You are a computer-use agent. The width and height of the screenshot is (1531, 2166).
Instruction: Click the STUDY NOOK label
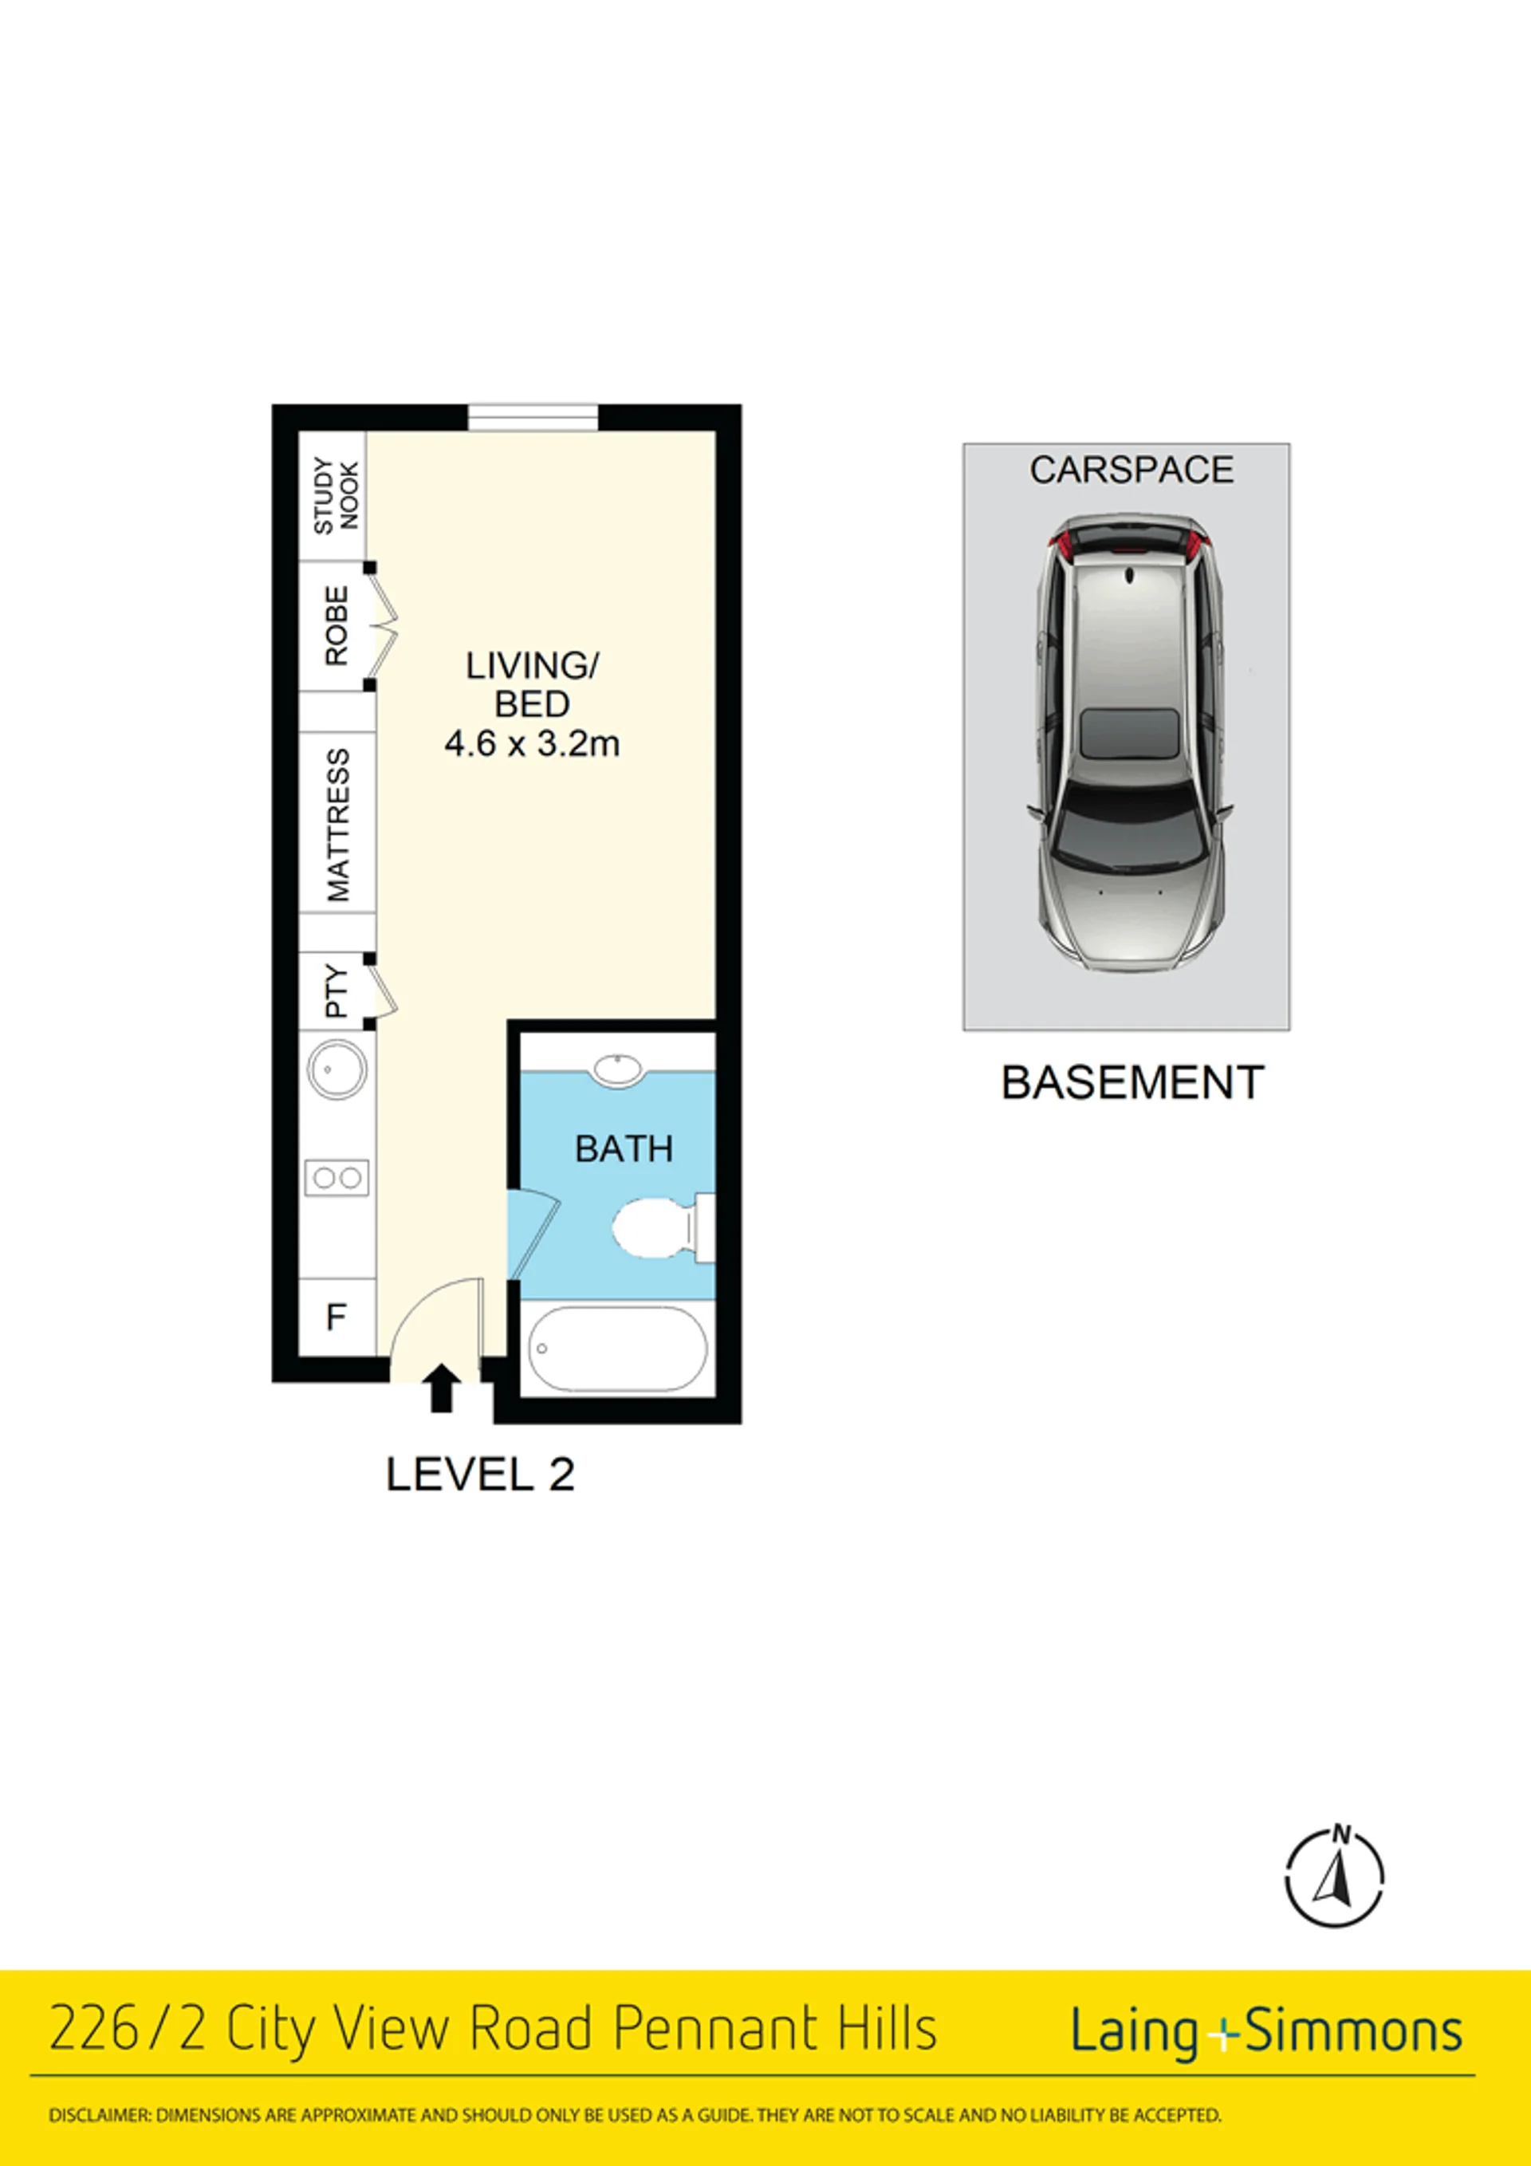click(x=336, y=495)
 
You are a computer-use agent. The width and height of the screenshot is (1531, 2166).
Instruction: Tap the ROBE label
click(x=336, y=625)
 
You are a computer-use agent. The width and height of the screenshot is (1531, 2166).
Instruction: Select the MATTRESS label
click(x=337, y=825)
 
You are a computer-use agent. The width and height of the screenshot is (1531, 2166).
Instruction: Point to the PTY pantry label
click(x=336, y=991)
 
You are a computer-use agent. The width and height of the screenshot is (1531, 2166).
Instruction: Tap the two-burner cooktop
click(x=337, y=1177)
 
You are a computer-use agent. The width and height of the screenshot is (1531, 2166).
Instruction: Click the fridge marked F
click(x=337, y=1317)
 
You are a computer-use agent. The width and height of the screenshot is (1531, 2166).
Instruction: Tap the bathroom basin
click(x=617, y=1068)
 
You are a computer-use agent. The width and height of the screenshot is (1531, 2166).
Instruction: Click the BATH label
click(x=624, y=1149)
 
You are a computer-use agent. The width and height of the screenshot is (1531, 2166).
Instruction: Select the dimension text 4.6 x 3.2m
click(x=532, y=744)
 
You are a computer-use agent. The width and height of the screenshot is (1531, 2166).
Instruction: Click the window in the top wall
click(x=533, y=417)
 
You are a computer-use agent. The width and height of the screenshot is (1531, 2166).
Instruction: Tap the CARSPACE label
click(x=1131, y=470)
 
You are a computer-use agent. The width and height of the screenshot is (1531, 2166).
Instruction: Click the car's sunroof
click(x=1129, y=733)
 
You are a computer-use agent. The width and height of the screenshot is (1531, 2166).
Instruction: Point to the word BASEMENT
click(x=1132, y=1083)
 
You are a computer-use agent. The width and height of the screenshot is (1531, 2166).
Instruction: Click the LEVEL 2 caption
click(x=480, y=1475)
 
